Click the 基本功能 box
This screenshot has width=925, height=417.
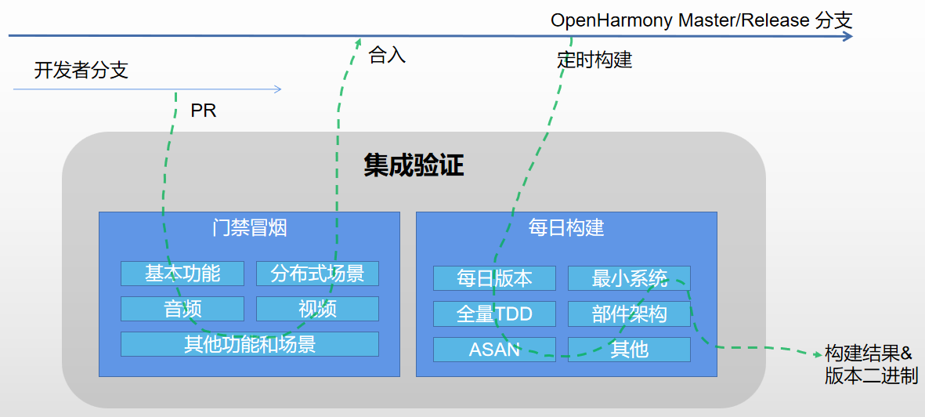182,274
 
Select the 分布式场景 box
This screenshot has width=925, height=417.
317,274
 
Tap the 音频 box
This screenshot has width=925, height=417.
182,309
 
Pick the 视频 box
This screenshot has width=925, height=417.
317,309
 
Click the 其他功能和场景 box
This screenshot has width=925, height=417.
249,344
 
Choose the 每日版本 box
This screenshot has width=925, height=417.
494,278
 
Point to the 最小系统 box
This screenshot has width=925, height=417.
629,278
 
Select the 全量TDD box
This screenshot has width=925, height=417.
494,314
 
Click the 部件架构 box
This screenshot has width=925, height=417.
629,314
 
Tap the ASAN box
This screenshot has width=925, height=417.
494,350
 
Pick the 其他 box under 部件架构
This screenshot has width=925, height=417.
629,350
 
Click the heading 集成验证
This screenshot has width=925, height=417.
414,165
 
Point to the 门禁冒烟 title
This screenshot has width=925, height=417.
249,228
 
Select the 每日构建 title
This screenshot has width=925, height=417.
566,228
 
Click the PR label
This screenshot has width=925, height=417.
204,111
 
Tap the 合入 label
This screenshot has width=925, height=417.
387,56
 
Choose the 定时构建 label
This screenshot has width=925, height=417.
595,60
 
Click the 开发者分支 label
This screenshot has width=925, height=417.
81,71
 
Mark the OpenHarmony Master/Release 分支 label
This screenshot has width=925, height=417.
701,20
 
